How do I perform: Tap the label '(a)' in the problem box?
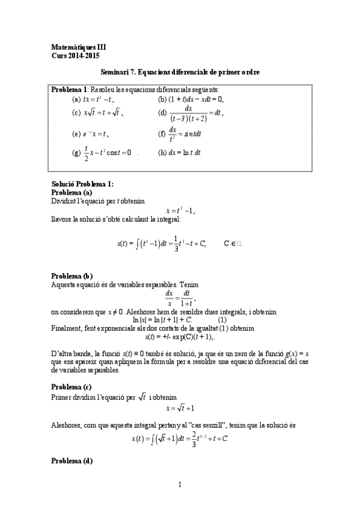click(x=76, y=99)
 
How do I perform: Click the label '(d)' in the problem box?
click(x=162, y=112)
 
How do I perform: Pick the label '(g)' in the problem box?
click(x=76, y=153)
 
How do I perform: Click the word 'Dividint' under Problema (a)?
click(x=65, y=200)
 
